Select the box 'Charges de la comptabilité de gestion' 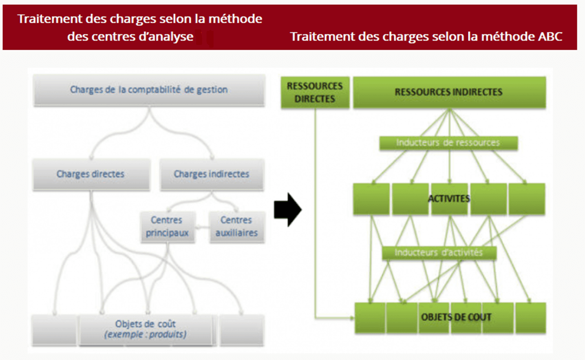point(149,90)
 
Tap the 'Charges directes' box point(90,174)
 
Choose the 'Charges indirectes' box point(212,174)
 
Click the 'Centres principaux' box point(167,227)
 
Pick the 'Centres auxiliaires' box point(236,227)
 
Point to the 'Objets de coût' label point(145,324)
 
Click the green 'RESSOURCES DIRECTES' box point(314,92)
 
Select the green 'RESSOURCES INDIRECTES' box point(449,92)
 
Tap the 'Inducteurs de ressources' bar point(448,143)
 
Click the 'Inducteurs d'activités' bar point(439,253)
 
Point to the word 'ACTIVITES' point(449,199)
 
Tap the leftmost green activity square point(371,199)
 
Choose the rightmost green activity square point(527,199)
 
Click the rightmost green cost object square point(530,317)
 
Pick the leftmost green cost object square point(370,317)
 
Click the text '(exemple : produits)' point(145,334)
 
